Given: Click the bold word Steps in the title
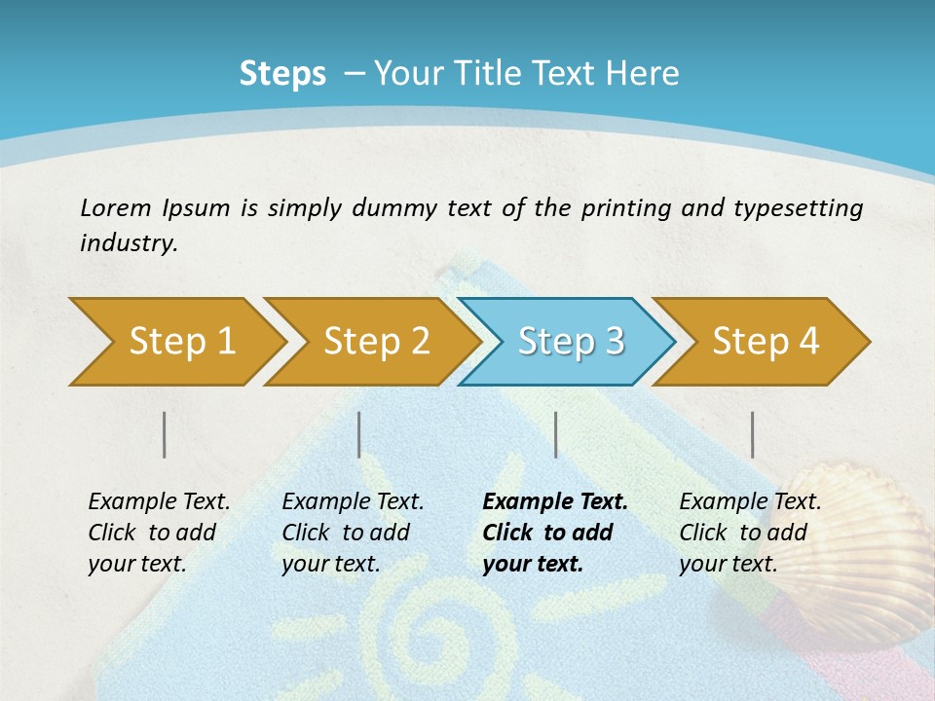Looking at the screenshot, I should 282,74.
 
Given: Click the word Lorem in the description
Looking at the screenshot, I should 115,207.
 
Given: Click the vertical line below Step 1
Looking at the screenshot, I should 165,434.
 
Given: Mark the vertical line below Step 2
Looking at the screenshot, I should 359,434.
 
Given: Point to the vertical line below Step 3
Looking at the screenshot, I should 556,434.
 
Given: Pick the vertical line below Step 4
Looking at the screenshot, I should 753,434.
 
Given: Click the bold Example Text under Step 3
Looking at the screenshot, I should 555,501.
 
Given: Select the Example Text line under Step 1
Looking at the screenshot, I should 159,501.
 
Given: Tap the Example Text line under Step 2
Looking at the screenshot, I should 353,501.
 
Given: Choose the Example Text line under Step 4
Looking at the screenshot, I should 750,501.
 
